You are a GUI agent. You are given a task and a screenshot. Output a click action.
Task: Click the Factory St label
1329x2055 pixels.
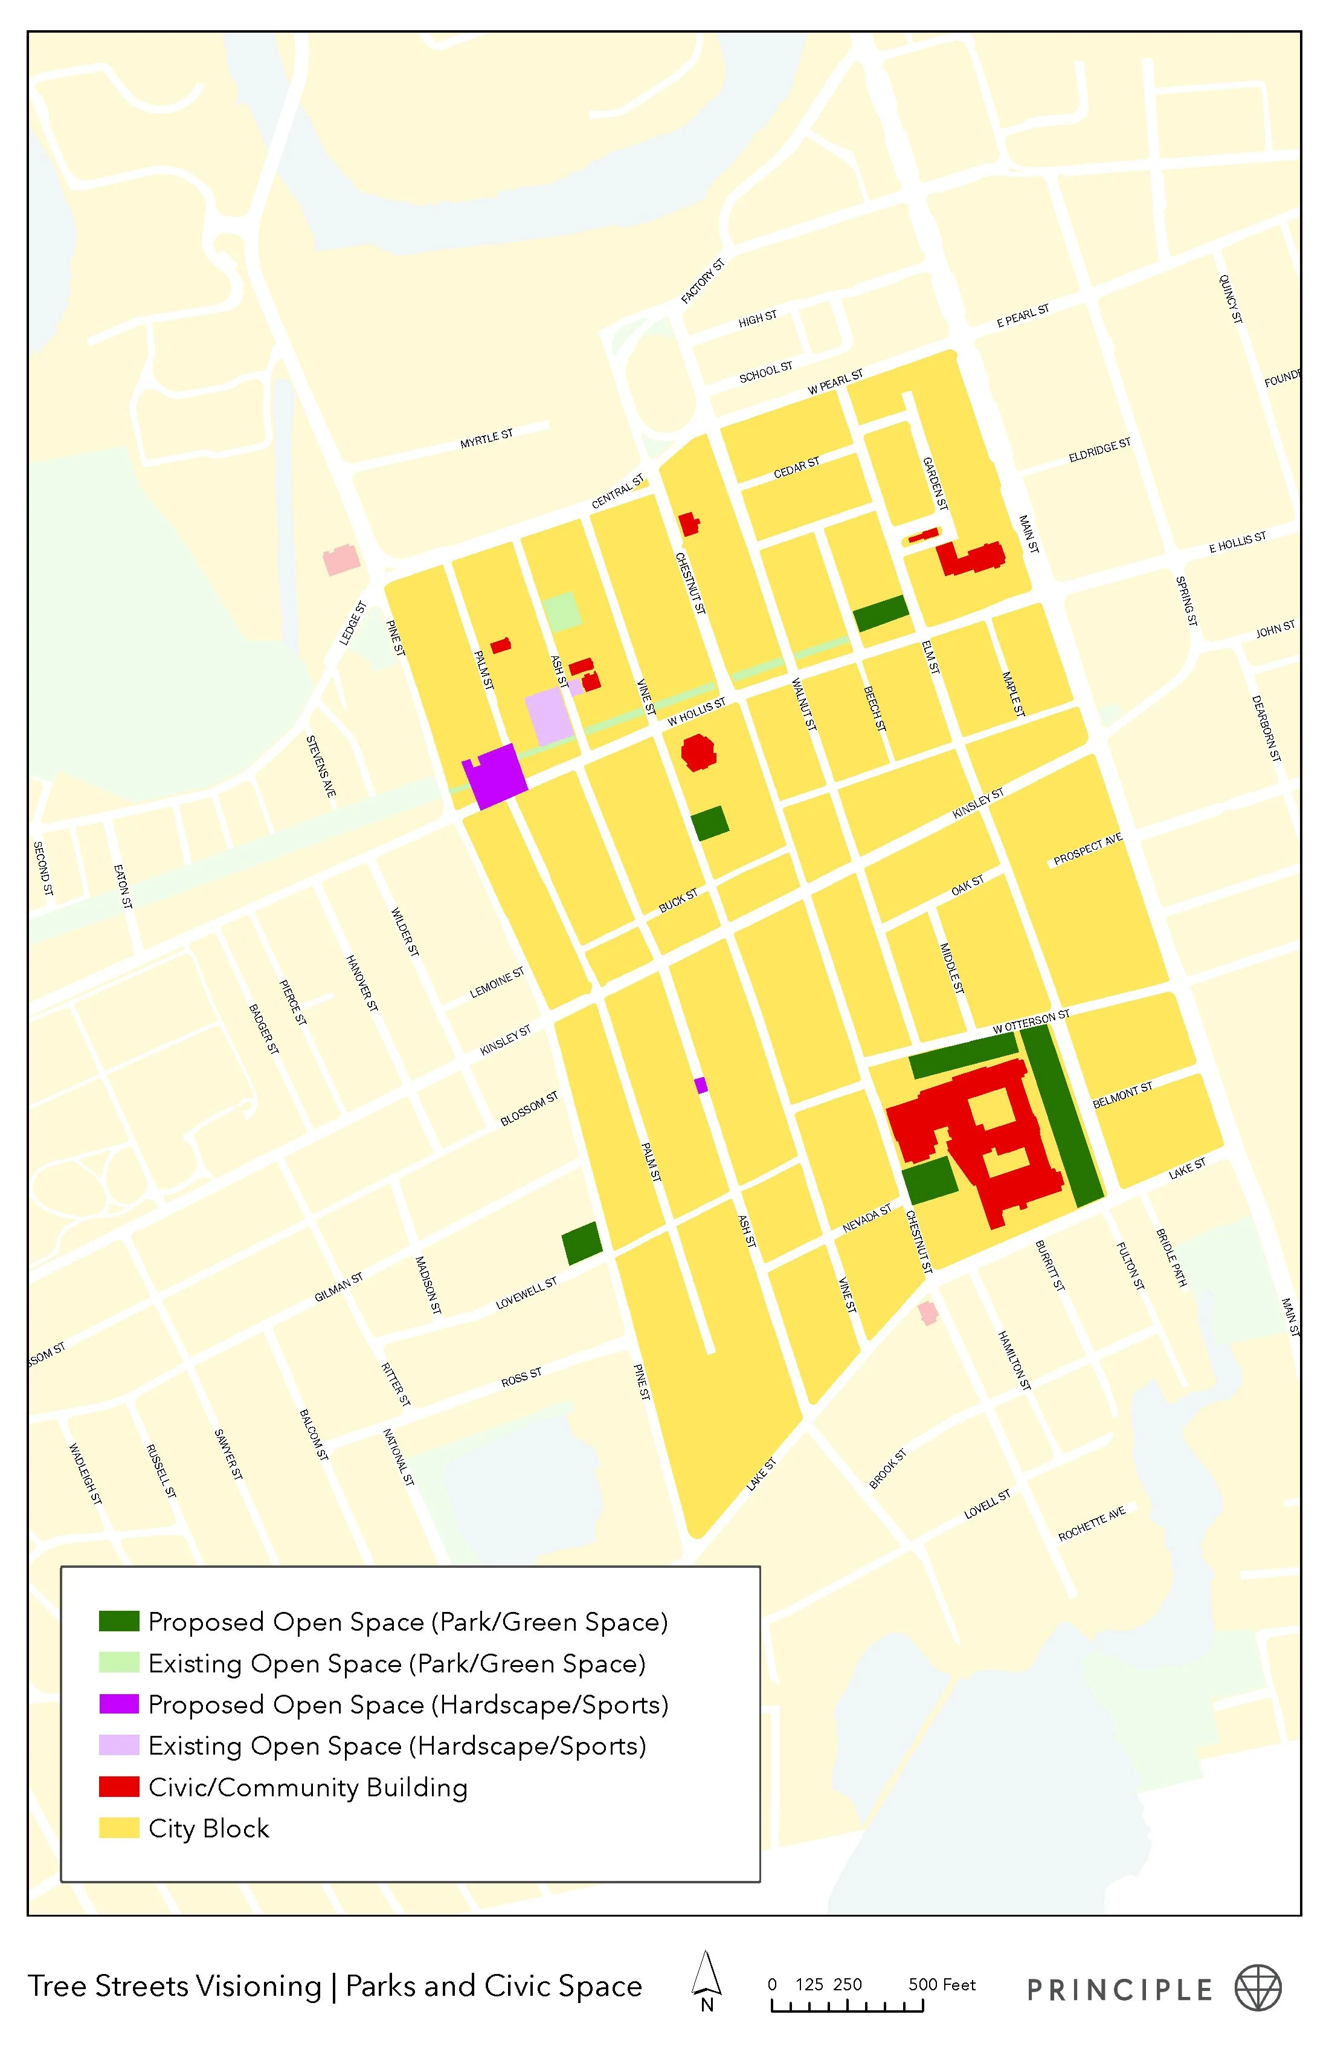click(703, 282)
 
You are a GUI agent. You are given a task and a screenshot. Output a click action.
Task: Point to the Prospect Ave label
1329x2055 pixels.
click(1087, 849)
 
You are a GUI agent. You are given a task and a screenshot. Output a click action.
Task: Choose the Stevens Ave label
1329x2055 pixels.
click(321, 766)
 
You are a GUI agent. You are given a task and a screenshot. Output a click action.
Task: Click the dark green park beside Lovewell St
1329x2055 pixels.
click(582, 1243)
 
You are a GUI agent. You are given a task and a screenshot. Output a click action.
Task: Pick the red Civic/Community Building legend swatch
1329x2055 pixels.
click(119, 1787)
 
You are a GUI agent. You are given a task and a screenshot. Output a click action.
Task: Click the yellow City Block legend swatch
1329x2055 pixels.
click(119, 1828)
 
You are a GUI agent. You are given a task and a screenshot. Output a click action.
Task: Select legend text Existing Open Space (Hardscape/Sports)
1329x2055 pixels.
click(397, 1745)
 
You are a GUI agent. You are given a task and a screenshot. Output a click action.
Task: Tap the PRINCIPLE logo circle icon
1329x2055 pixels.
click(1257, 1989)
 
